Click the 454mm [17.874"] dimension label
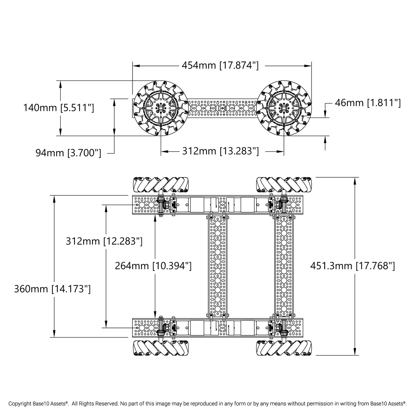pyautogui.click(x=220, y=65)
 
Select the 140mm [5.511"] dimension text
pyautogui.click(x=59, y=108)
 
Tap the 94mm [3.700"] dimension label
pyautogui.click(x=68, y=153)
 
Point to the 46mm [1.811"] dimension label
pyautogui.click(x=368, y=103)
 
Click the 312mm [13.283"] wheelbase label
pyautogui.click(x=220, y=151)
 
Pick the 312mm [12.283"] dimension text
pyautogui.click(x=104, y=241)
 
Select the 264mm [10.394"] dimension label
pyautogui.click(x=153, y=266)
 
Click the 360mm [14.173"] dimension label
pyautogui.click(x=53, y=289)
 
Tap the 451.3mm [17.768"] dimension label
pyautogui.click(x=352, y=266)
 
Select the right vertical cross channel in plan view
pyautogui.click(x=284, y=266)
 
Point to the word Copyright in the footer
pyautogui.click(x=19, y=404)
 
